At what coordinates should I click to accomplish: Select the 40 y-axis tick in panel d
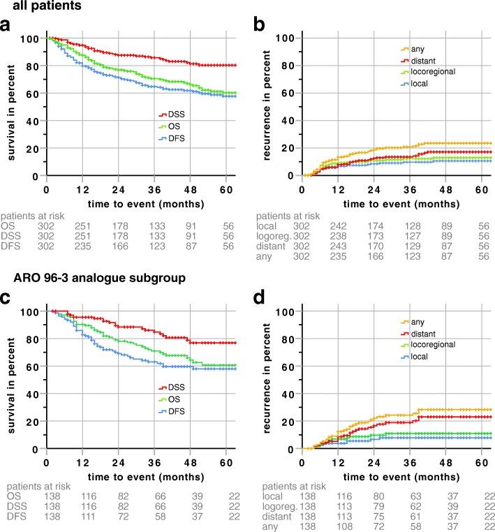284,394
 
